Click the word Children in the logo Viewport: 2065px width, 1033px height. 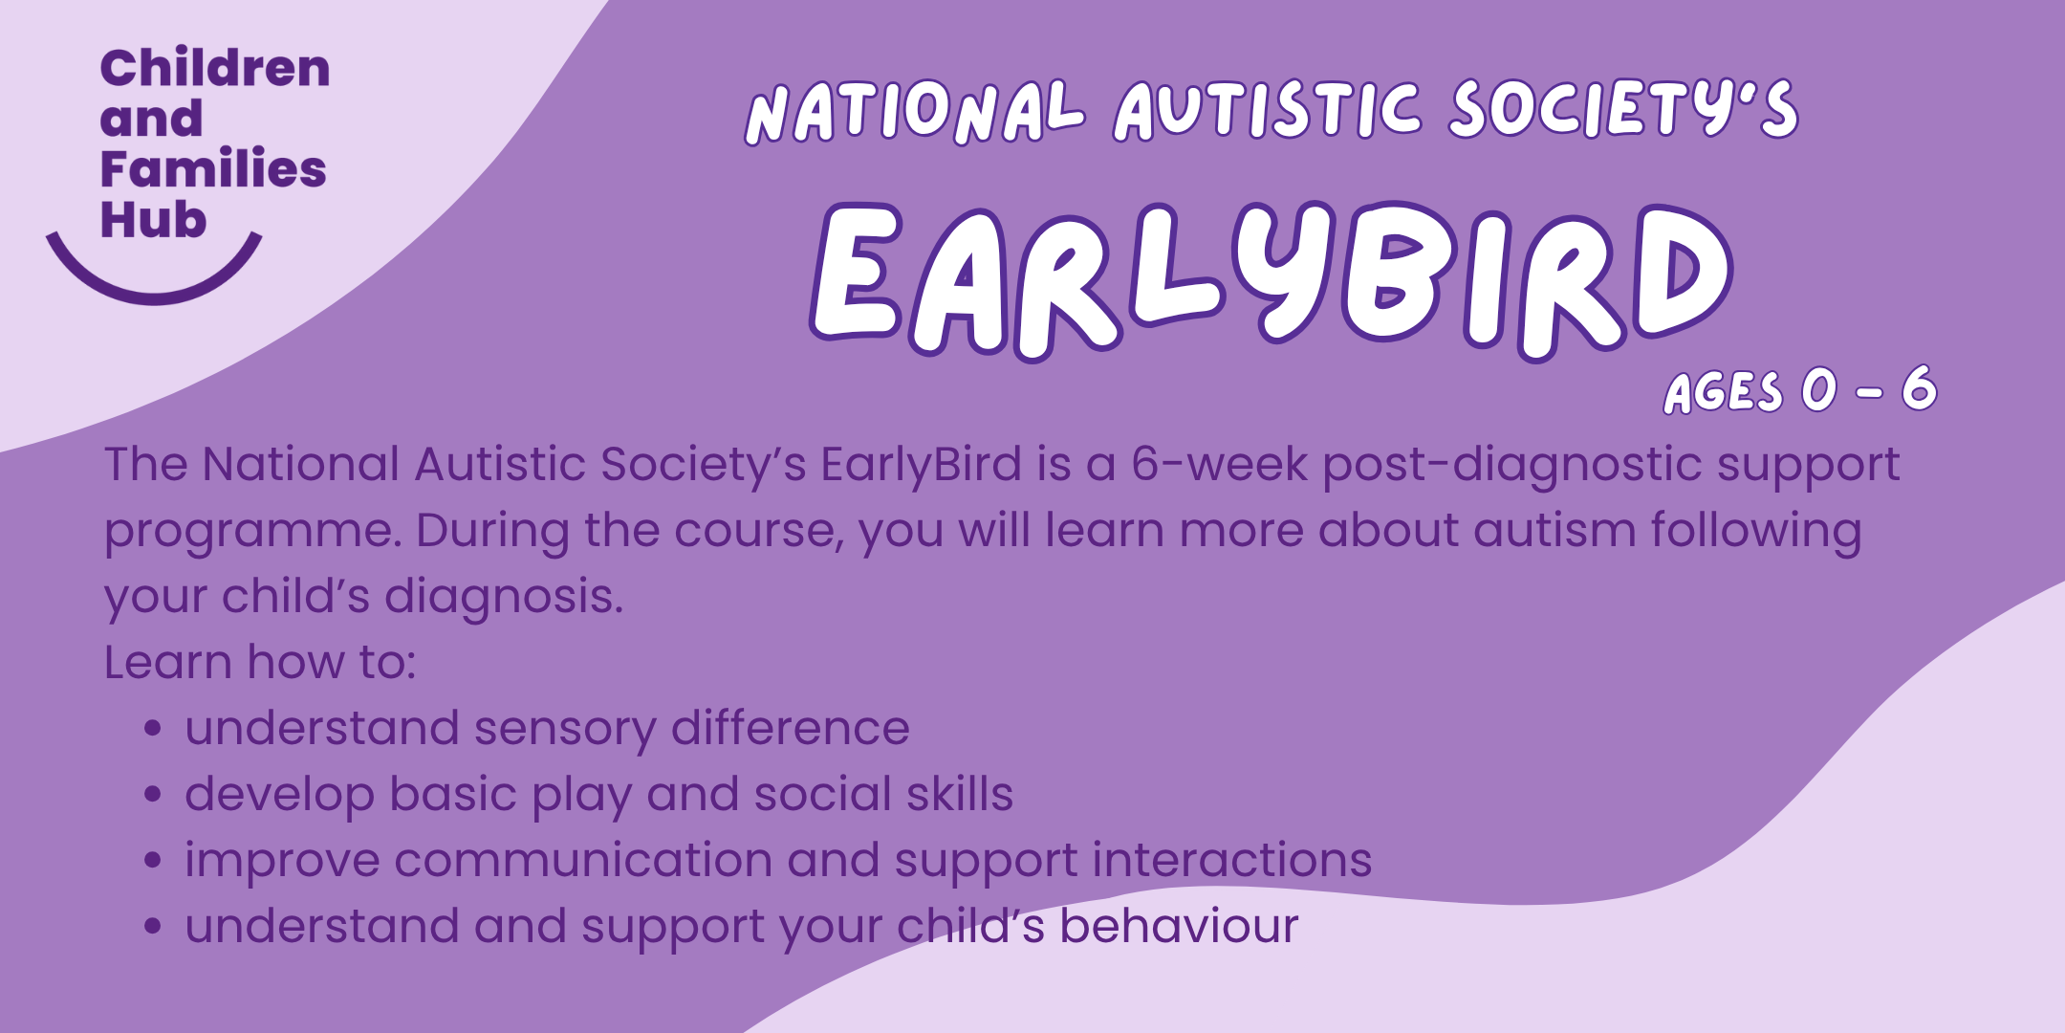tap(215, 68)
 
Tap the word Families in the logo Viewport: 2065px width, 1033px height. tap(213, 168)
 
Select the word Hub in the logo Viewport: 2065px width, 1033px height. tap(153, 219)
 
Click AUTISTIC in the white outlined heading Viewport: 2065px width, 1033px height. tap(1268, 108)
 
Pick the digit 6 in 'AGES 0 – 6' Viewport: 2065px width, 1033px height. tap(1919, 388)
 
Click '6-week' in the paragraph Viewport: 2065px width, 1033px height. tap(1219, 464)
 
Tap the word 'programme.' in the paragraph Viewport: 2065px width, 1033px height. tap(252, 533)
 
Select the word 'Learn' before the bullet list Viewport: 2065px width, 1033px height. tap(168, 662)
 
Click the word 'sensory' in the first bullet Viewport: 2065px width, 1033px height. tap(565, 730)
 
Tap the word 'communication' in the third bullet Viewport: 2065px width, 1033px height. tap(582, 859)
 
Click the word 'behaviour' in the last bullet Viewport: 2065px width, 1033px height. tap(1179, 925)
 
